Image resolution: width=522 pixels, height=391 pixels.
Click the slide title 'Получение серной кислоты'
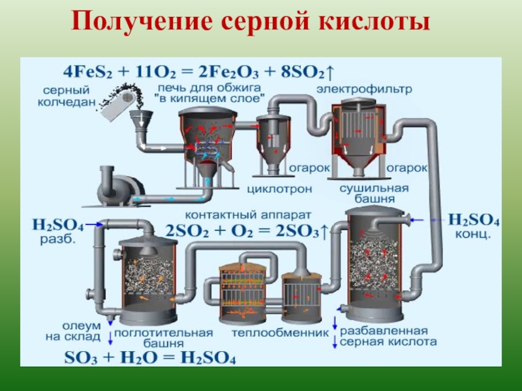[x=251, y=22]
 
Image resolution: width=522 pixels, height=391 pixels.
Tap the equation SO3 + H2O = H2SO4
[x=149, y=358]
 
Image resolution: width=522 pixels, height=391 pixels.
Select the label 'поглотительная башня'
[x=164, y=337]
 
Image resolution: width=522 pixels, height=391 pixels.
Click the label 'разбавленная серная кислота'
[x=388, y=336]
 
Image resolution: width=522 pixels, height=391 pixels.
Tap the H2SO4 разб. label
[x=57, y=231]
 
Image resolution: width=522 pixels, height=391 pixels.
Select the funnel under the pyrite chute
[x=140, y=120]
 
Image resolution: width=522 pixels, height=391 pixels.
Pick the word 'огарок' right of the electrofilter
[x=407, y=168]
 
